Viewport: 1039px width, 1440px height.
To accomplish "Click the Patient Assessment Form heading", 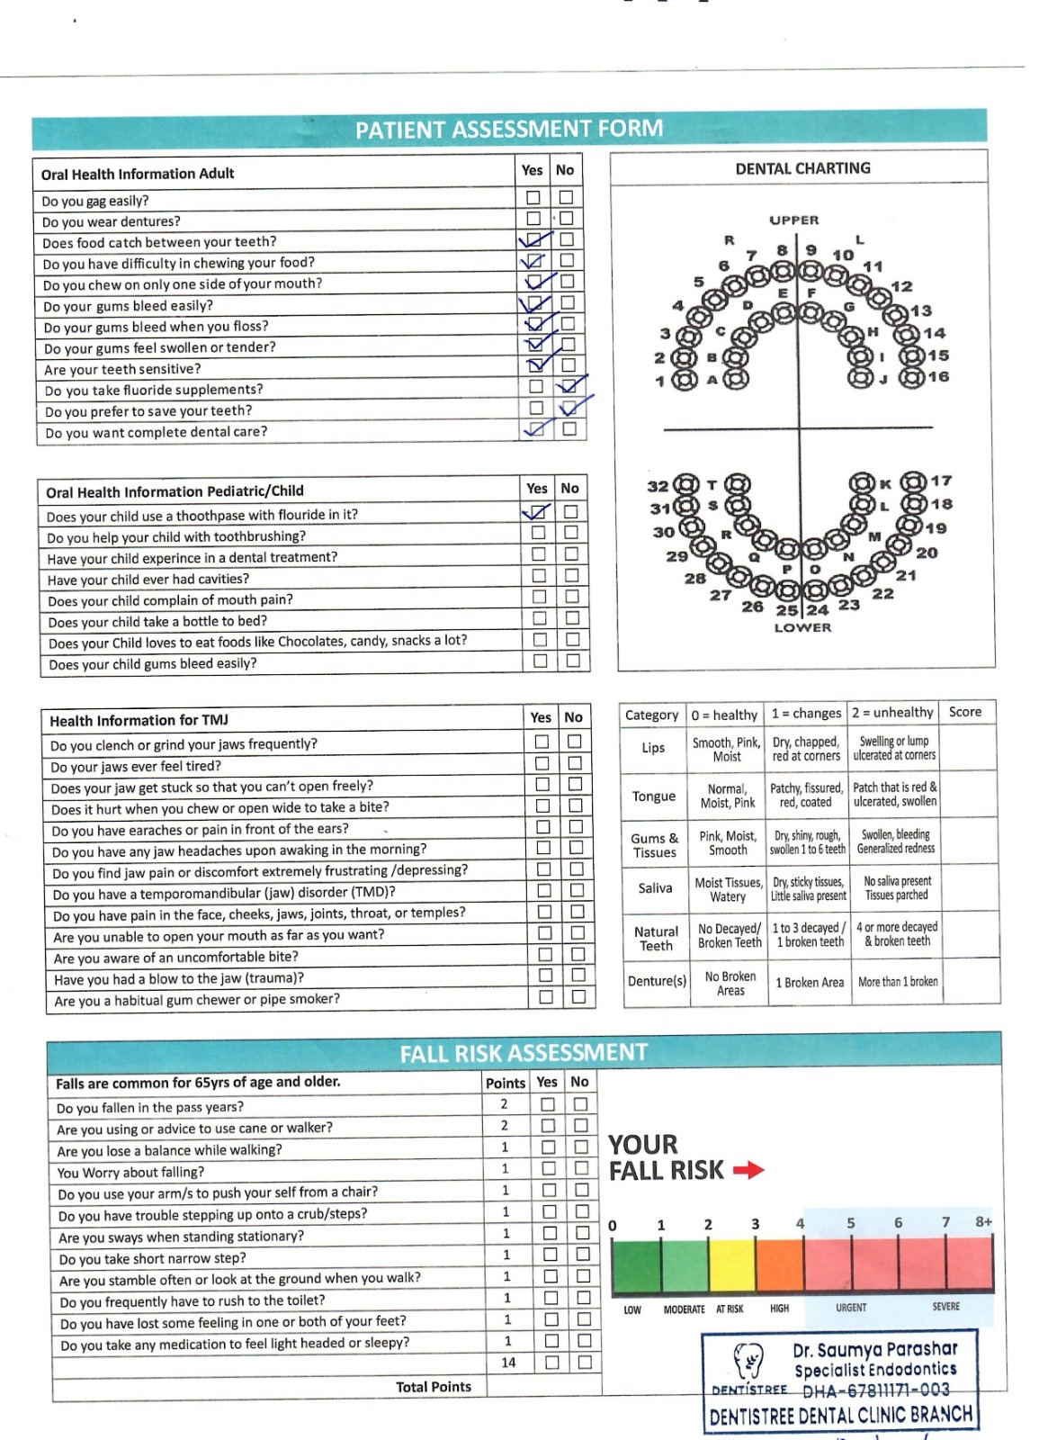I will pyautogui.click(x=509, y=130).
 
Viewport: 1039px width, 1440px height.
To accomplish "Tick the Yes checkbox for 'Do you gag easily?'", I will pyautogui.click(x=533, y=197).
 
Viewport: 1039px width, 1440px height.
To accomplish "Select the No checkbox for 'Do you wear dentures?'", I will pyautogui.click(x=566, y=219).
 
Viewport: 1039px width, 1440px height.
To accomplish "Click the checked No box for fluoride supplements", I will pyautogui.click(x=568, y=387).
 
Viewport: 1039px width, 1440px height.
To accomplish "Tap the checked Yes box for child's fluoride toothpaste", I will pyautogui.click(x=538, y=512).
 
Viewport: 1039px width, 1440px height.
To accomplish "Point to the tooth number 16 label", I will pyautogui.click(x=938, y=377).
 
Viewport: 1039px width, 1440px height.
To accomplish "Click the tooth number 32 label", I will pyautogui.click(x=658, y=486).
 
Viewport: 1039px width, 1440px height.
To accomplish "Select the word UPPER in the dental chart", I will pyautogui.click(x=793, y=220).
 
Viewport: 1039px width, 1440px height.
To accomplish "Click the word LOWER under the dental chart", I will pyautogui.click(x=802, y=627).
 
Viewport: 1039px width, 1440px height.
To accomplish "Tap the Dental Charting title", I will pyautogui.click(x=802, y=168).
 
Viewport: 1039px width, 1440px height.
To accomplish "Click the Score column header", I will pyautogui.click(x=964, y=712).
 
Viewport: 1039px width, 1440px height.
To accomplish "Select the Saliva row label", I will pyautogui.click(x=655, y=888).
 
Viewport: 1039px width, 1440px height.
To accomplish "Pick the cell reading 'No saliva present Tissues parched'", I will pyautogui.click(x=897, y=888).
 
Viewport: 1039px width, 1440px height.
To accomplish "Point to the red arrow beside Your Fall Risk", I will pyautogui.click(x=748, y=1170).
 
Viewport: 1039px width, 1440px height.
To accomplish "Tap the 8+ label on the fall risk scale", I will pyautogui.click(x=983, y=1222).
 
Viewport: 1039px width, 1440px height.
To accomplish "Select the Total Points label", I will pyautogui.click(x=433, y=1387).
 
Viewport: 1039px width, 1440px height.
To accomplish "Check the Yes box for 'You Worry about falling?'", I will pyautogui.click(x=549, y=1169).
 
